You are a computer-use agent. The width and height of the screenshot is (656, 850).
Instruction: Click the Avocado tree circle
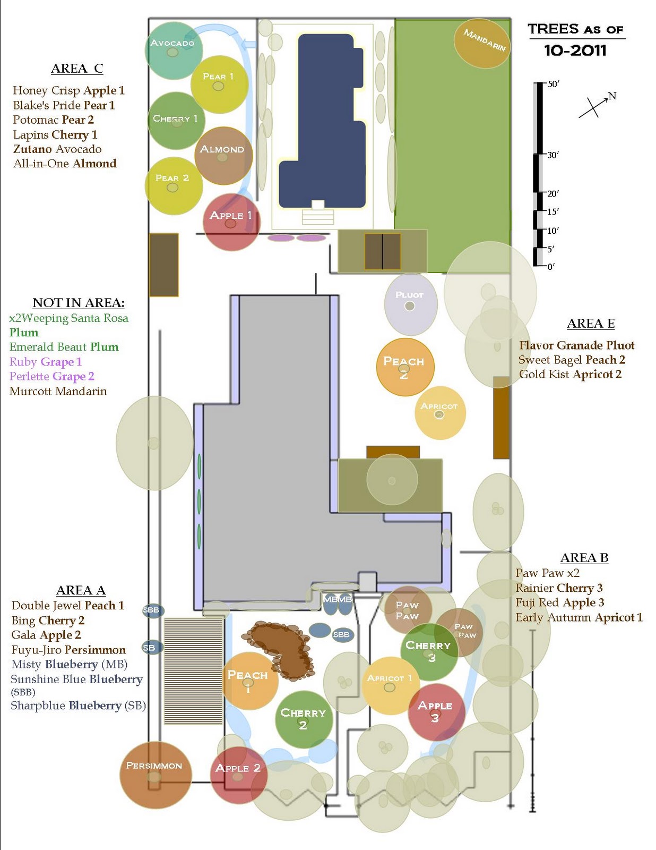174,50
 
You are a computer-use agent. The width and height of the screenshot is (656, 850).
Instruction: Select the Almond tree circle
223,155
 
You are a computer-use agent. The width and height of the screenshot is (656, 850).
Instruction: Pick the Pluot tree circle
411,304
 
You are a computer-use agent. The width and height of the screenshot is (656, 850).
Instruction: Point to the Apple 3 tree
436,712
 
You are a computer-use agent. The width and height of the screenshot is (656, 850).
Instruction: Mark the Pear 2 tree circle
174,185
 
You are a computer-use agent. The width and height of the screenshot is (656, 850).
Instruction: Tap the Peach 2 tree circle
405,367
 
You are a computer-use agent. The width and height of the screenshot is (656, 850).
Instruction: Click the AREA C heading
77,69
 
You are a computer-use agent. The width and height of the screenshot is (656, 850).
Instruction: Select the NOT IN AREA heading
79,303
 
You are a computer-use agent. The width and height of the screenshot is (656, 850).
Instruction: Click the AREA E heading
591,324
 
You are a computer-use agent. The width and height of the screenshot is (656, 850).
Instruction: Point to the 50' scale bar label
554,84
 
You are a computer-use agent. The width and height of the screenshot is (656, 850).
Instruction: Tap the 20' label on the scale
553,194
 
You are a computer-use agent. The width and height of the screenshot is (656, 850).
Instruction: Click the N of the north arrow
612,96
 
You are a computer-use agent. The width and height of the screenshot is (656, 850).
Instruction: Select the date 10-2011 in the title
575,50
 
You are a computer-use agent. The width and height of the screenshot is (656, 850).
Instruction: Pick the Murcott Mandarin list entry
58,392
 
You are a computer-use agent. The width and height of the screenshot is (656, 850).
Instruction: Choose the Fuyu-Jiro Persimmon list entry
68,650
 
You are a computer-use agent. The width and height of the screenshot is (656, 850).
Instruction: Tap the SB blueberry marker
151,648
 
